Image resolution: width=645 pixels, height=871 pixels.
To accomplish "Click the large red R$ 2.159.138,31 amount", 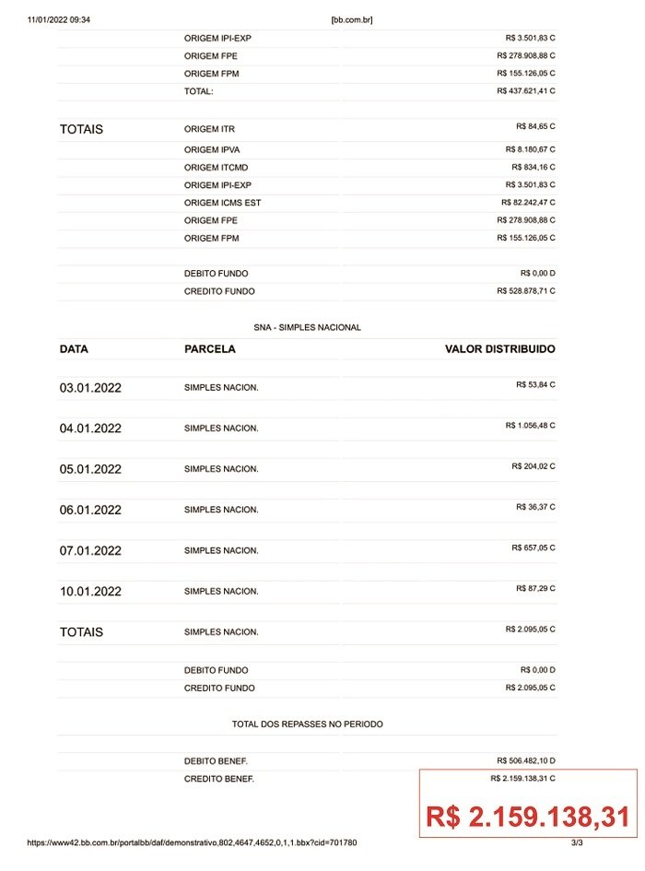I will [528, 817].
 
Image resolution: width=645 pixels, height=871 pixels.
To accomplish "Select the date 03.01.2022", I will [90, 388].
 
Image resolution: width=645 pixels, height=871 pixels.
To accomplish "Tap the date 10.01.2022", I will [90, 591].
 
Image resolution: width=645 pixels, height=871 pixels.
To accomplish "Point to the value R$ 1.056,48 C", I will [530, 426].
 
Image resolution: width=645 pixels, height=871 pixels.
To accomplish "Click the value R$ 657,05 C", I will [534, 547].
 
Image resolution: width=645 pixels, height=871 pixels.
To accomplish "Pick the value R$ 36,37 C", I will [535, 507].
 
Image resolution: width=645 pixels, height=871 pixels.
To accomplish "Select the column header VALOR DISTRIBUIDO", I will [499, 349].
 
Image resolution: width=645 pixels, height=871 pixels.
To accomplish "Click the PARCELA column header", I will [210, 349].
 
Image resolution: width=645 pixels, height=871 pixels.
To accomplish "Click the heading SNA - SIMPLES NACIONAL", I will [308, 327].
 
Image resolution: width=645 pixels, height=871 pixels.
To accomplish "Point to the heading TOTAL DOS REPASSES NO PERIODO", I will [308, 724].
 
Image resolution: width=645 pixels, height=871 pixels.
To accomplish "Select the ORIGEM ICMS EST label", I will [222, 203].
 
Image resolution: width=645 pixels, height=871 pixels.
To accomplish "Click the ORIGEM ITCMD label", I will [216, 168].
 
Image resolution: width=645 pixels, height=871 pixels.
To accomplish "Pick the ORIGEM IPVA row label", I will [212, 149].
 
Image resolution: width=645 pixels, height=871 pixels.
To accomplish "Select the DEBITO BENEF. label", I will [216, 761].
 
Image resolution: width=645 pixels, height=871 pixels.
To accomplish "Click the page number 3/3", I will [577, 842].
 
